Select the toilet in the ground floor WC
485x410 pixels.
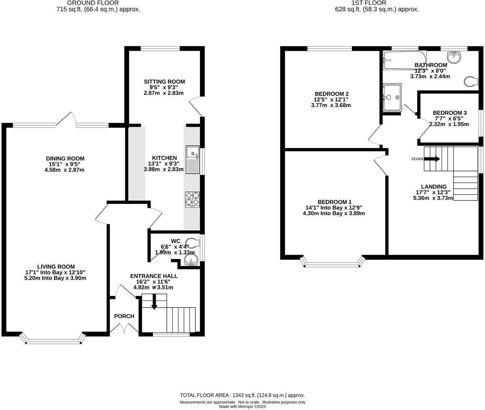tap(192, 242)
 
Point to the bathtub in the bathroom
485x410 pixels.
tap(404, 60)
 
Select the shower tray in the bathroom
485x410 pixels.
tap(392, 97)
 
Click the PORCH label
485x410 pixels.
tap(124, 316)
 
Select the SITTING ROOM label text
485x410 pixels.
tap(164, 82)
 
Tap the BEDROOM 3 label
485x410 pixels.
tap(449, 113)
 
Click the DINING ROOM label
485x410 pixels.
tap(67, 159)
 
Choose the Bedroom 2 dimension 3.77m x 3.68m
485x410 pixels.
tap(331, 105)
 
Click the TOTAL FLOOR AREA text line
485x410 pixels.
tap(242, 395)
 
